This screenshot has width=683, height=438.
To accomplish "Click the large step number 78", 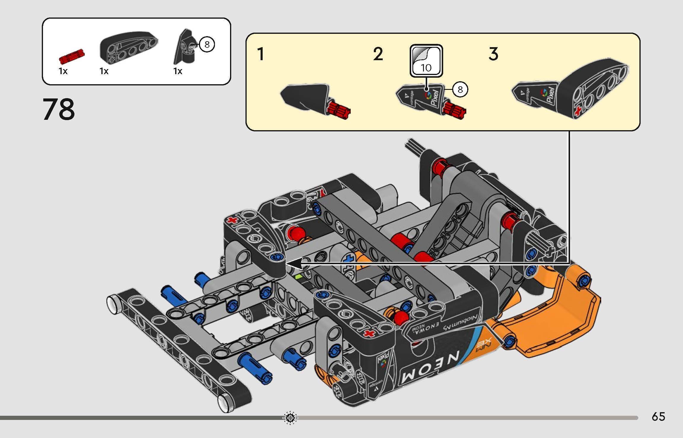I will click(x=59, y=110).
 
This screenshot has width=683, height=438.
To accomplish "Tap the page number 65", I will click(x=658, y=417).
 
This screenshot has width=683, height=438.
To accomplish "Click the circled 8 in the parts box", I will click(x=207, y=44).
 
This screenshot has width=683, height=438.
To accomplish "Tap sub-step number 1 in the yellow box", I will click(x=261, y=54).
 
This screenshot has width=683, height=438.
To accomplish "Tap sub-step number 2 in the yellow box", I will click(x=378, y=54).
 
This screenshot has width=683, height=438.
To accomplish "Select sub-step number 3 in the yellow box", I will click(x=493, y=54).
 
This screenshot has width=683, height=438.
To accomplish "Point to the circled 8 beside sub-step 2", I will click(x=460, y=89).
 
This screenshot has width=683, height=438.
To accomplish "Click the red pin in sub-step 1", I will click(x=339, y=111).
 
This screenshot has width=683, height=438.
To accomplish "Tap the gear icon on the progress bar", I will click(x=290, y=418).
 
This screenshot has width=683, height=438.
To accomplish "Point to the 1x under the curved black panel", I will click(x=104, y=71).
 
